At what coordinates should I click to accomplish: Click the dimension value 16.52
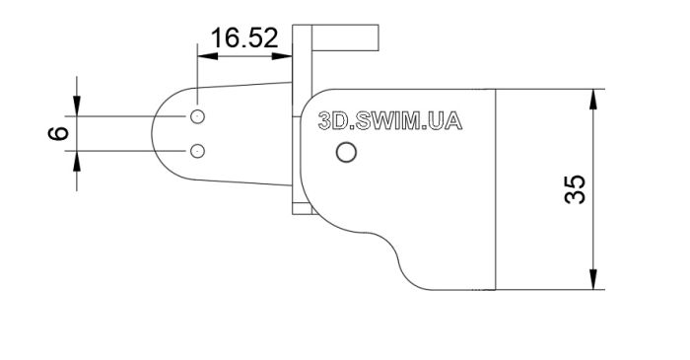[x=244, y=37]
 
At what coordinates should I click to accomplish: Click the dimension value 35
[x=575, y=189]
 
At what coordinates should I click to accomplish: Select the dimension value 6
[x=58, y=133]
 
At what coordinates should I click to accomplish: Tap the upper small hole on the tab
[x=197, y=116]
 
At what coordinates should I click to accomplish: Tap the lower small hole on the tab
[x=197, y=151]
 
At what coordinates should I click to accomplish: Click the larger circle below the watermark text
[x=346, y=152]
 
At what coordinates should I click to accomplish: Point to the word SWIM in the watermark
[x=387, y=121]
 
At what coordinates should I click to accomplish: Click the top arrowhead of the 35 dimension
[x=593, y=99]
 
